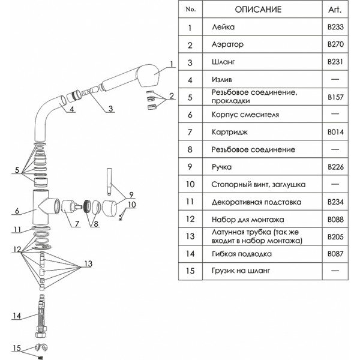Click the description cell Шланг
(x=223, y=62)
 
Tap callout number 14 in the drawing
(x=16, y=316)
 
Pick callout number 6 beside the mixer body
(x=17, y=211)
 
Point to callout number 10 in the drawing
(x=133, y=205)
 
